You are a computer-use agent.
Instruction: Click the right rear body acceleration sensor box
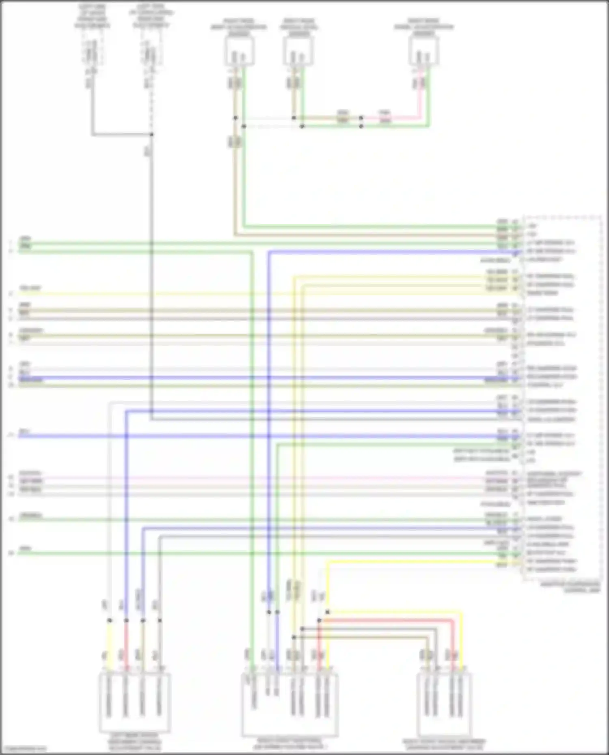[240, 51]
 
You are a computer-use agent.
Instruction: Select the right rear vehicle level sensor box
[298, 51]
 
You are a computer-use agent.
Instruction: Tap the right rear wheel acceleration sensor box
[424, 51]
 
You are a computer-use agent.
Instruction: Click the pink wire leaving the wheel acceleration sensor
[420, 97]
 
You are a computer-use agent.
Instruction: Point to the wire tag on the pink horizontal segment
[384, 118]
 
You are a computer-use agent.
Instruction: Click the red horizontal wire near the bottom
[386, 620]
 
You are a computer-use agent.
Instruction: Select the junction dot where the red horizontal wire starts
[319, 620]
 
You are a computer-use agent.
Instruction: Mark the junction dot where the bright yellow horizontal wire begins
[328, 612]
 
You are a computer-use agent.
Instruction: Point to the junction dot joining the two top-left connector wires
[151, 134]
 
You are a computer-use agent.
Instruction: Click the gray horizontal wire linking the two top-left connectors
[122, 134]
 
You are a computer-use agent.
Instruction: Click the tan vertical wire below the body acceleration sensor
[235, 183]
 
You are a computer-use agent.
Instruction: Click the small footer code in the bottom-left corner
[24, 749]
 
